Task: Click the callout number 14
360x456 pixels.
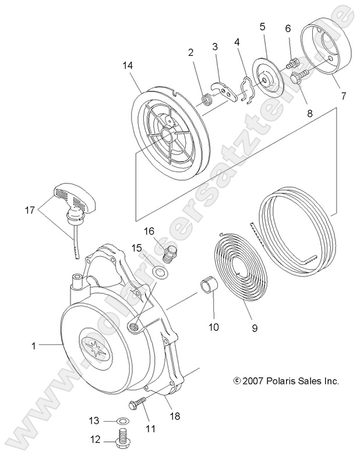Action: tap(128, 66)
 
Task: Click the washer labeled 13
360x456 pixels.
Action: tap(122, 420)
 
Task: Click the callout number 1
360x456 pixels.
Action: tap(34, 346)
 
